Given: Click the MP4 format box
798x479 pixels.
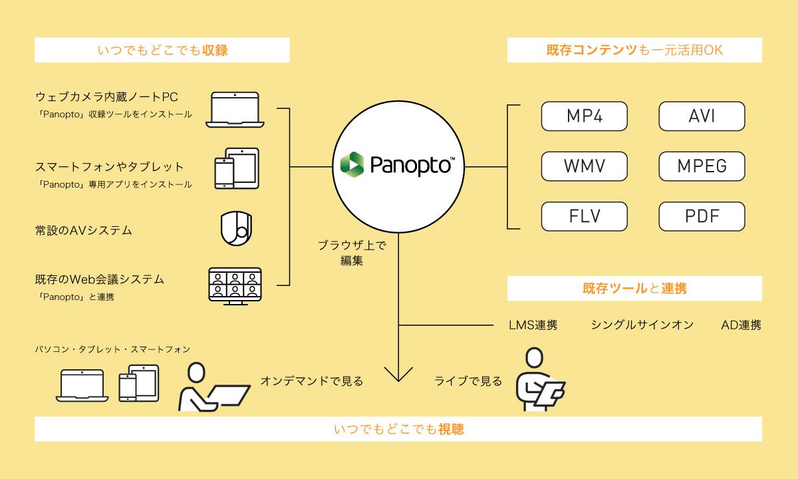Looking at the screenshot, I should pos(585,116).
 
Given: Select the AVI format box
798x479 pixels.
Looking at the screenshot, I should pos(702,116).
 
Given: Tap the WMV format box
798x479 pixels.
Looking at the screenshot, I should pos(585,166).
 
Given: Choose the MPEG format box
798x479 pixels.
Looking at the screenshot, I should pos(702,166).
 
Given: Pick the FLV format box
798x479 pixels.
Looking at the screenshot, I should pos(585,216).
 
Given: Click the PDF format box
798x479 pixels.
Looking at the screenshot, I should pos(702,216).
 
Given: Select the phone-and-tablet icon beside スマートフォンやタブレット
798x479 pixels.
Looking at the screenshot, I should pos(237,168).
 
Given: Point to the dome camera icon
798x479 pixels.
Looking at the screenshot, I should pos(237,228).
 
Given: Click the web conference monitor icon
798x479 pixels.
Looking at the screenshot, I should pos(235,286).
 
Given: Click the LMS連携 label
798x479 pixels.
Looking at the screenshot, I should pos(533,325).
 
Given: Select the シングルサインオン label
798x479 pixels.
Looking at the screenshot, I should pos(642,325).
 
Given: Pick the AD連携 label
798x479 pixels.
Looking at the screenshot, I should pos(741,325).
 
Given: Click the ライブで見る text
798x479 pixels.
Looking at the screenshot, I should pos(468,381).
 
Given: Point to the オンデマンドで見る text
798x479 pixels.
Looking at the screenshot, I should pos(312,381).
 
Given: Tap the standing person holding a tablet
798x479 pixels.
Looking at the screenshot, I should pos(537,381).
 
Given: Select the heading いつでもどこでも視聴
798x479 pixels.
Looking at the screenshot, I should pos(399,429).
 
